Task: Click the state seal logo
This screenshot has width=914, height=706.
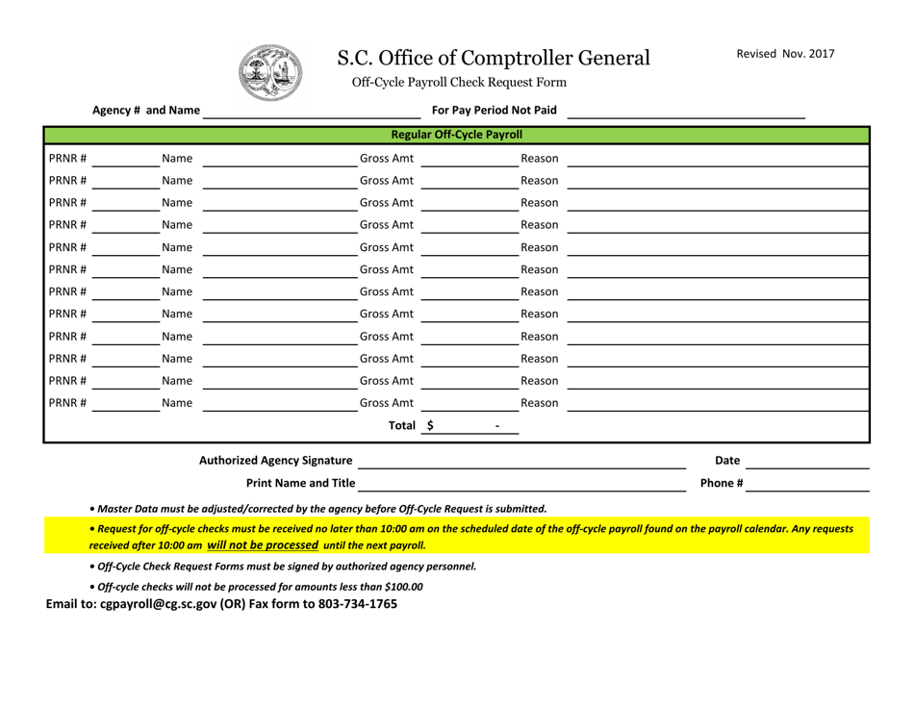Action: coord(269,73)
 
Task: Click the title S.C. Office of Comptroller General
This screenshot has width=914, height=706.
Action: coord(493,59)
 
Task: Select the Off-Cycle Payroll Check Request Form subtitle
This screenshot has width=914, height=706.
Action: coord(459,83)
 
